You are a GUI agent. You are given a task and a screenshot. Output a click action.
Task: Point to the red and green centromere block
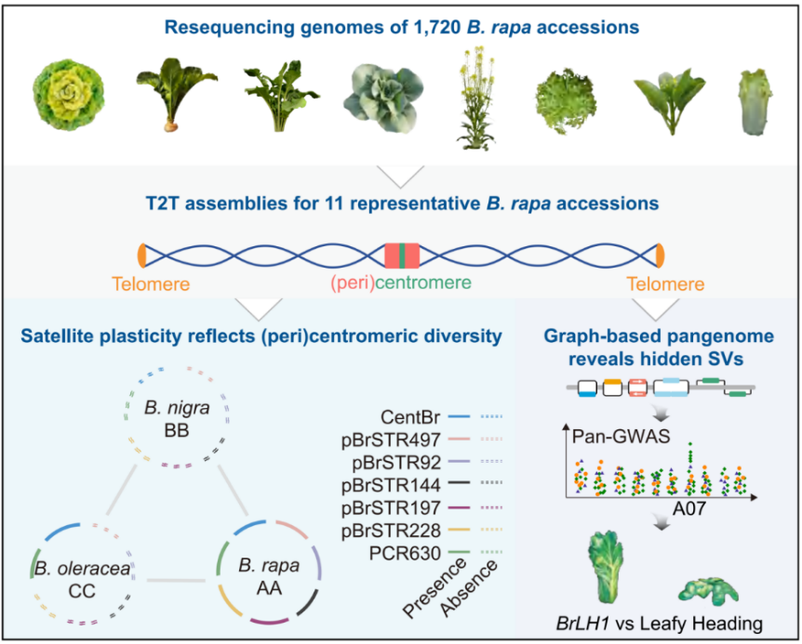pos(402,254)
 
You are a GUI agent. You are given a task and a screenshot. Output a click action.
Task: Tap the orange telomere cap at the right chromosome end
pos(660,254)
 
